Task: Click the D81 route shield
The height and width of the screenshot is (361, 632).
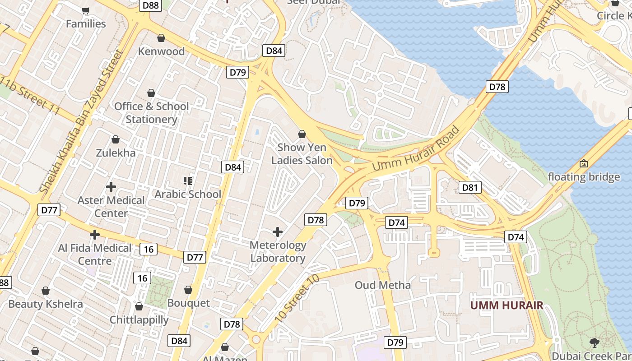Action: point(469,187)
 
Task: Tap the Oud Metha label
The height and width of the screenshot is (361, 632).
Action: point(383,285)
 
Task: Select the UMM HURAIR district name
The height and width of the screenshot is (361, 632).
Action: point(507,305)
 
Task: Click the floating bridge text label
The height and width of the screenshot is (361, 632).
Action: point(584,177)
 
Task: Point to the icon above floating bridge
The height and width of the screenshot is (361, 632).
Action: point(584,163)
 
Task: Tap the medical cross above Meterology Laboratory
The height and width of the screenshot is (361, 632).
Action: point(278,232)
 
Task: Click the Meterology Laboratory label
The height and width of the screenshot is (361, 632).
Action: point(278,252)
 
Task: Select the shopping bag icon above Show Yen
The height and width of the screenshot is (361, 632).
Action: point(302,134)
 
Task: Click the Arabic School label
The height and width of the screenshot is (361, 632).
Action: point(188,194)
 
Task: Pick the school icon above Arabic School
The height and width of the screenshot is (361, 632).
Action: point(188,181)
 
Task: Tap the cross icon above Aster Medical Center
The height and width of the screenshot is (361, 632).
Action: point(111,186)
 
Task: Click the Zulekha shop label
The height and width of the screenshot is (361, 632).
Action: point(116,153)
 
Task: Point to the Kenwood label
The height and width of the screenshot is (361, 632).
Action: point(161,51)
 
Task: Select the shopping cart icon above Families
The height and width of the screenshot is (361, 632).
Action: point(86,10)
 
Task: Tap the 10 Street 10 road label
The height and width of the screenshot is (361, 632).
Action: point(297,298)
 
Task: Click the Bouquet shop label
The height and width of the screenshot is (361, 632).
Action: point(188,303)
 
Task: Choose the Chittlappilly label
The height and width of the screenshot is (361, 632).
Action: point(139,320)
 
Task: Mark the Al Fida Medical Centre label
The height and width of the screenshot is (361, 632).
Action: point(95,255)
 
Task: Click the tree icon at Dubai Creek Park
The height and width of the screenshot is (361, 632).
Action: point(594,342)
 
